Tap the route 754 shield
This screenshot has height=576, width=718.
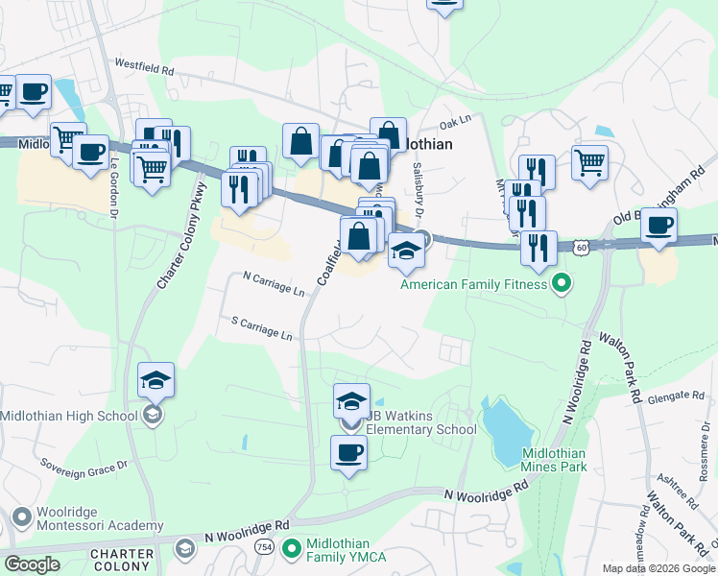point(262,546)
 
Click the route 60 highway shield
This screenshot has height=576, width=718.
point(584,248)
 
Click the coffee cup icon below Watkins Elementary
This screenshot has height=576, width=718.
point(348,452)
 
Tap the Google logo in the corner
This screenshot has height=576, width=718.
point(32,564)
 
